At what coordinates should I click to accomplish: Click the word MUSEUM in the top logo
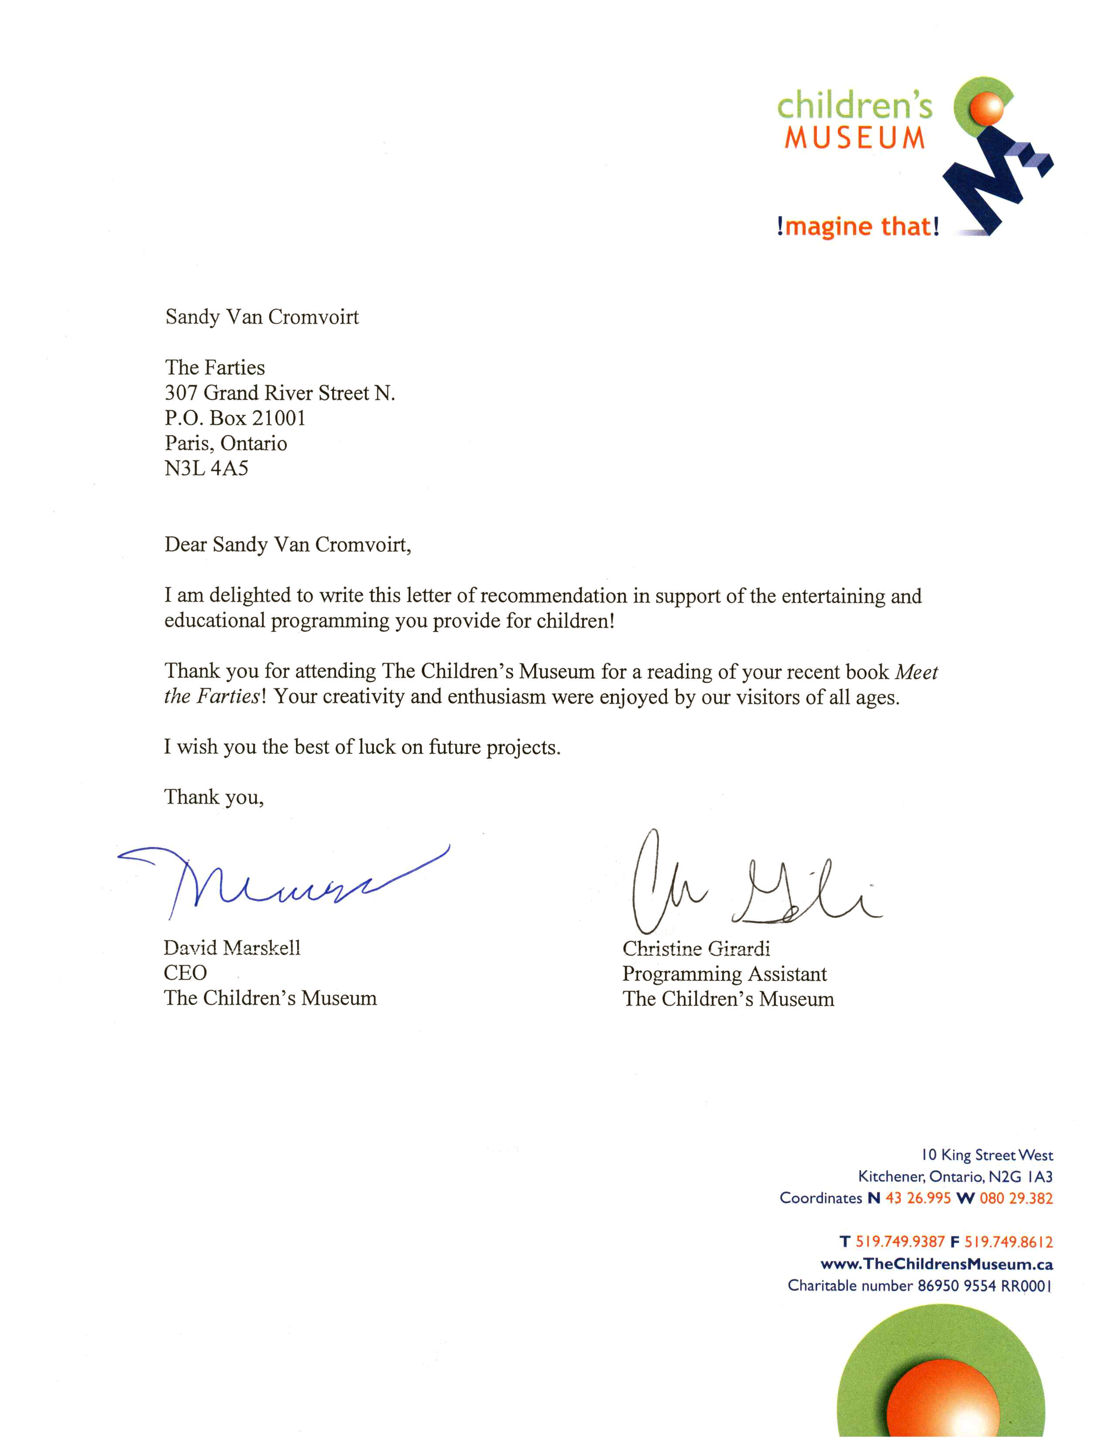(x=854, y=138)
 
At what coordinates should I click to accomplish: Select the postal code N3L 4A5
(x=206, y=468)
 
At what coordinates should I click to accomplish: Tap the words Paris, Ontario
(x=226, y=443)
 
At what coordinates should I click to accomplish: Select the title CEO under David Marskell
(x=185, y=973)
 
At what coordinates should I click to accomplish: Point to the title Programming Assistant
(x=724, y=974)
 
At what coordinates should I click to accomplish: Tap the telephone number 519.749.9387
(x=899, y=1242)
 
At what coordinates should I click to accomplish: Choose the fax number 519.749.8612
(x=1008, y=1242)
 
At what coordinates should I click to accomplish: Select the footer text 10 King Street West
(x=986, y=1155)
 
